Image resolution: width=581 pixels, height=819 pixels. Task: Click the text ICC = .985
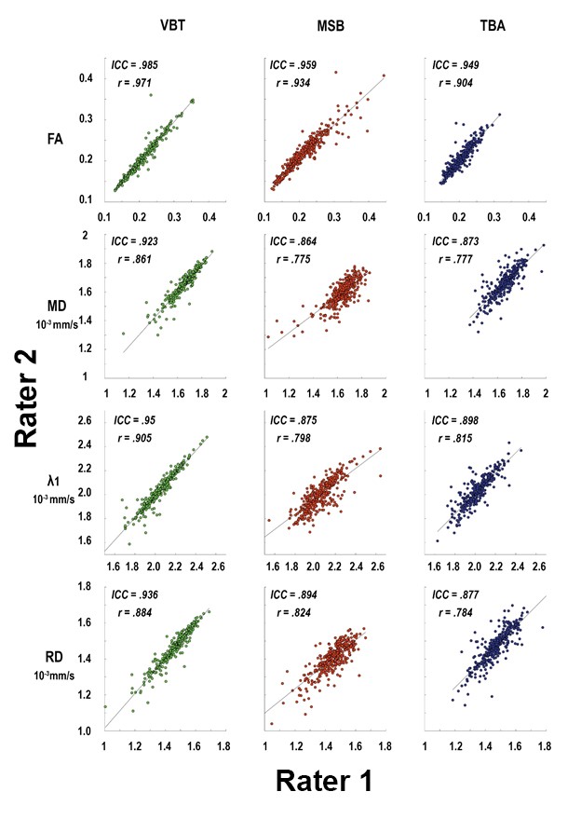pyautogui.click(x=135, y=66)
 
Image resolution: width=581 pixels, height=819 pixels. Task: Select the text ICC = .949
pyautogui.click(x=456, y=66)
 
